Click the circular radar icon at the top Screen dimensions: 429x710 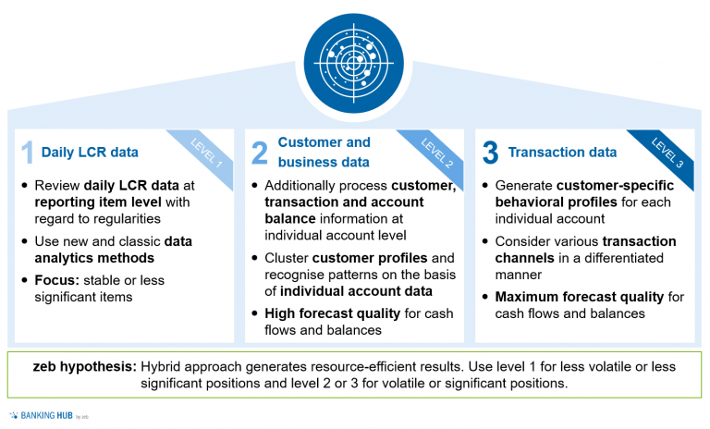[x=354, y=58]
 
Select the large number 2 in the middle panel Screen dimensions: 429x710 [x=259, y=152]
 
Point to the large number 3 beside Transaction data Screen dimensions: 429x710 [x=490, y=152]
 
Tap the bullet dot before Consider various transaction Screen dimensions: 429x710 [x=486, y=241]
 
